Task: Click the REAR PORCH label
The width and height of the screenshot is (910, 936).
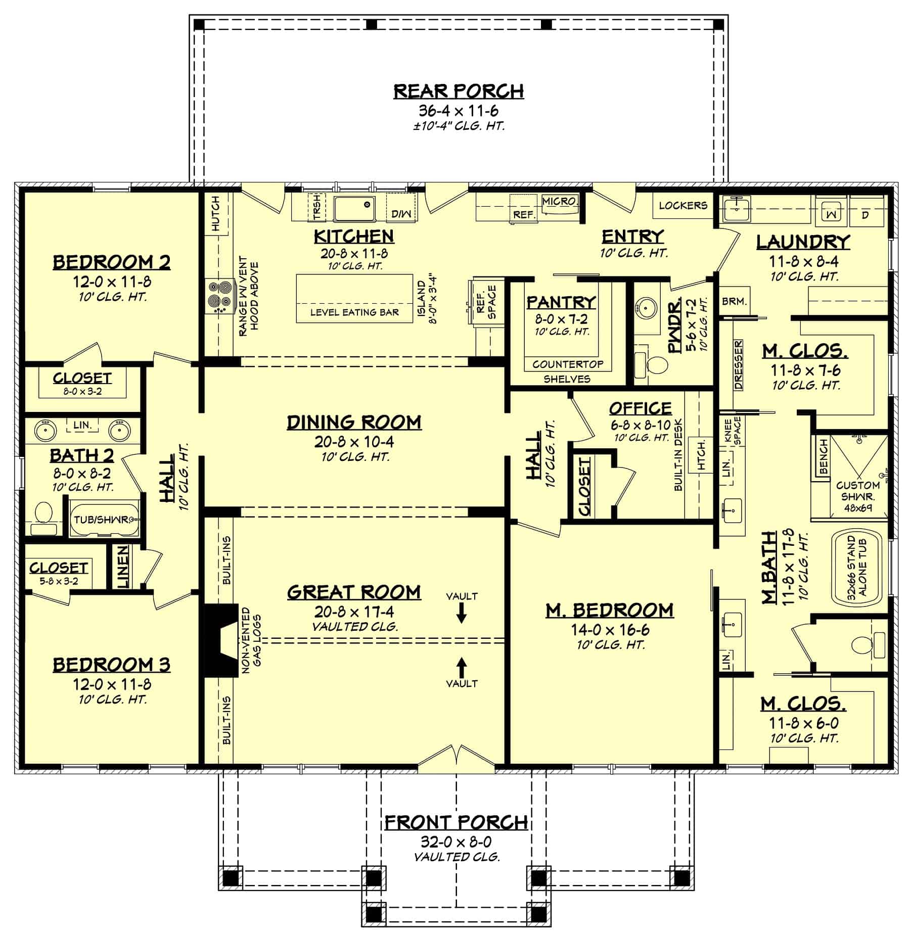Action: pyautogui.click(x=459, y=91)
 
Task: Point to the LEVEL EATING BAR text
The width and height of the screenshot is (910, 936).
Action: pyautogui.click(x=354, y=312)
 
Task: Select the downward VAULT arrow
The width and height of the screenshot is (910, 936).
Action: pyautogui.click(x=462, y=614)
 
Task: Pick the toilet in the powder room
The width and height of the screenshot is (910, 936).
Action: pyautogui.click(x=654, y=364)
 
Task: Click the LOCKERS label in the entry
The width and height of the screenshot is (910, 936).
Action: pyautogui.click(x=683, y=205)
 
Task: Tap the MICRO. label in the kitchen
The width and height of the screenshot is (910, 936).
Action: pyautogui.click(x=560, y=201)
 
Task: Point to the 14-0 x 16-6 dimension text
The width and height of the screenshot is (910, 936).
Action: pyautogui.click(x=610, y=630)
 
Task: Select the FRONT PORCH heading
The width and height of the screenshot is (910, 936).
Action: pyautogui.click(x=457, y=823)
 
